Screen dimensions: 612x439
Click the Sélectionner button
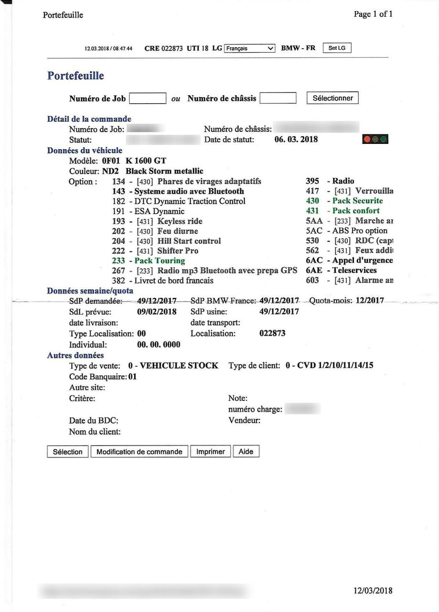pyautogui.click(x=332, y=98)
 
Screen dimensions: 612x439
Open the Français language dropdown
pyautogui.click(x=250, y=48)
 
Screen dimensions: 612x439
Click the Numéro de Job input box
pyautogui.click(x=148, y=98)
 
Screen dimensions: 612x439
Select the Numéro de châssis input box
pyautogui.click(x=278, y=98)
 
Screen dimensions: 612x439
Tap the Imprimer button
pyautogui.click(x=211, y=452)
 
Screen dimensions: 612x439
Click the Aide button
pyautogui.click(x=246, y=452)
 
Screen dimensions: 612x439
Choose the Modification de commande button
pyautogui.click(x=139, y=452)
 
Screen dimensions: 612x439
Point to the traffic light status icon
pyautogui.click(x=375, y=140)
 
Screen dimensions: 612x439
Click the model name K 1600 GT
pyautogui.click(x=146, y=161)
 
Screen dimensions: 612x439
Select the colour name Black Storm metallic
pyautogui.click(x=164, y=171)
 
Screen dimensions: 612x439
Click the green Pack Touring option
pyautogui.click(x=160, y=261)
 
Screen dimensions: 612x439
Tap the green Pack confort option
pyautogui.click(x=356, y=211)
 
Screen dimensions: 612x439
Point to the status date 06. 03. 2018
pyautogui.click(x=296, y=140)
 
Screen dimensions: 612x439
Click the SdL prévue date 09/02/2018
pyautogui.click(x=157, y=312)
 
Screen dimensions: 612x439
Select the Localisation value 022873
pyautogui.click(x=272, y=333)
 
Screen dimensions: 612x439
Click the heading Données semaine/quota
pyautogui.click(x=90, y=291)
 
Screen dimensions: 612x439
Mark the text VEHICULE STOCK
pyautogui.click(x=179, y=366)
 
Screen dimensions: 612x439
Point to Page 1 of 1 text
pyautogui.click(x=373, y=14)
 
